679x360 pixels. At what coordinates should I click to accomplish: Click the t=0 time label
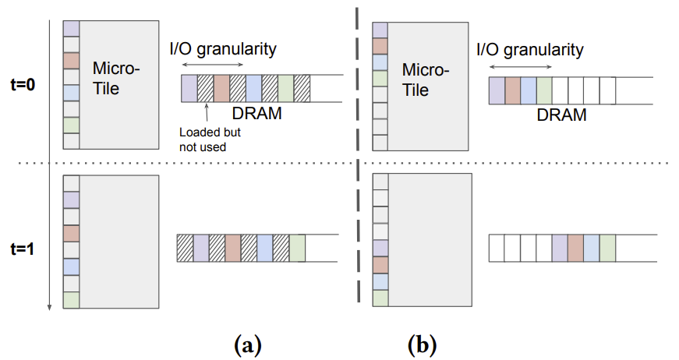point(23,86)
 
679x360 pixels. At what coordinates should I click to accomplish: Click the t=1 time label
point(23,251)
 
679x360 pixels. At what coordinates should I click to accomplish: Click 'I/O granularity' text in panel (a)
point(223,50)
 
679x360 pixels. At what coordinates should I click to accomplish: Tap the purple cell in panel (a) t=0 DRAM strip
point(189,88)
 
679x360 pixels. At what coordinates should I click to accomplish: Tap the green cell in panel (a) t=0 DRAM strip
point(286,88)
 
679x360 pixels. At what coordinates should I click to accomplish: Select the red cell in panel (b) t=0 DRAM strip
point(513,91)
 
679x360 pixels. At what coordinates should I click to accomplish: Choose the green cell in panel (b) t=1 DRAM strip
point(607,247)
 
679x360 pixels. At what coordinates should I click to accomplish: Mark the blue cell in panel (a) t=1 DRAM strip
point(264,247)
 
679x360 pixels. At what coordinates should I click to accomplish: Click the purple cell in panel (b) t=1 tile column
point(380,248)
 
